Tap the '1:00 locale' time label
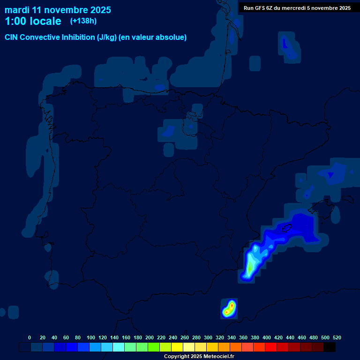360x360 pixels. click(x=33, y=21)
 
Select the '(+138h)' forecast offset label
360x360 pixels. click(x=83, y=21)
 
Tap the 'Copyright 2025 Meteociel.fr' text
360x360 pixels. click(x=199, y=356)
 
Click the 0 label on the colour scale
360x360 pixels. click(x=30, y=337)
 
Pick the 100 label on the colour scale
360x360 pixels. click(x=91, y=337)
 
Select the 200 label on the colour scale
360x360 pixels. click(x=150, y=337)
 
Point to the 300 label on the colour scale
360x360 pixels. click(x=208, y=337)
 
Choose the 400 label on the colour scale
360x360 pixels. click(x=267, y=337)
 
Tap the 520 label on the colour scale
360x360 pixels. click(x=337, y=337)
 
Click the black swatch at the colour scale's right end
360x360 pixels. click(x=330, y=347)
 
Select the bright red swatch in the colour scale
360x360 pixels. click(x=271, y=347)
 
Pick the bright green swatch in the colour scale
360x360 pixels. click(x=154, y=347)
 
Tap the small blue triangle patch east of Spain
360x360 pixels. click(x=330, y=175)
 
